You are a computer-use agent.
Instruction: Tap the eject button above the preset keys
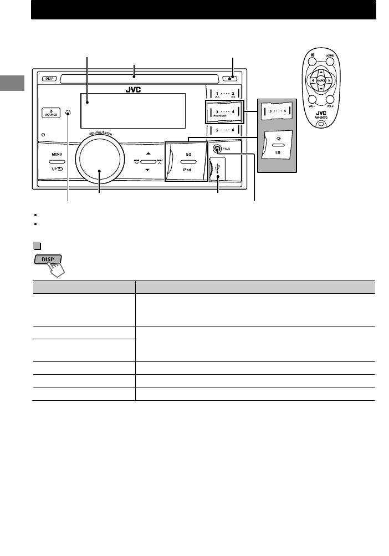[x=233, y=79]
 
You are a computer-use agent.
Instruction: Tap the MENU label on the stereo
[x=58, y=156]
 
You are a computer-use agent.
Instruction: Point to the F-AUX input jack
[x=219, y=149]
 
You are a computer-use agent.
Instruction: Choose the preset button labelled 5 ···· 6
[x=225, y=131]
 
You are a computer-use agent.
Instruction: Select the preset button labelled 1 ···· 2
[x=225, y=93]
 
